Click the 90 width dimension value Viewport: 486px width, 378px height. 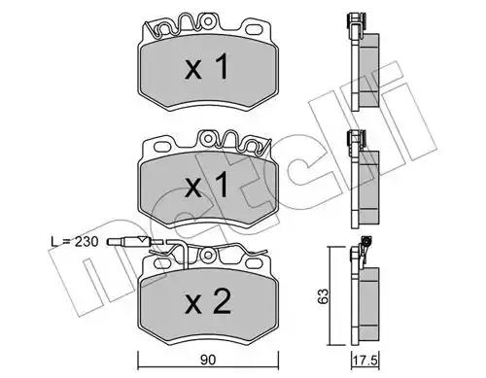[x=208, y=360]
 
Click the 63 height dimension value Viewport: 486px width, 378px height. [x=323, y=296]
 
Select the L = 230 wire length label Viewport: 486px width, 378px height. [x=75, y=241]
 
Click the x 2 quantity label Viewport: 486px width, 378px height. [x=208, y=302]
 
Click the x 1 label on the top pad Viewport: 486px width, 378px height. [x=207, y=67]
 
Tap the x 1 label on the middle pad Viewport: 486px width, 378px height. [x=207, y=185]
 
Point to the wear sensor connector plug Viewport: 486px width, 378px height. [x=129, y=242]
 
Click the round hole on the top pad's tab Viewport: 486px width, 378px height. [x=208, y=21]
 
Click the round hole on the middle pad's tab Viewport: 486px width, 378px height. [x=208, y=138]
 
